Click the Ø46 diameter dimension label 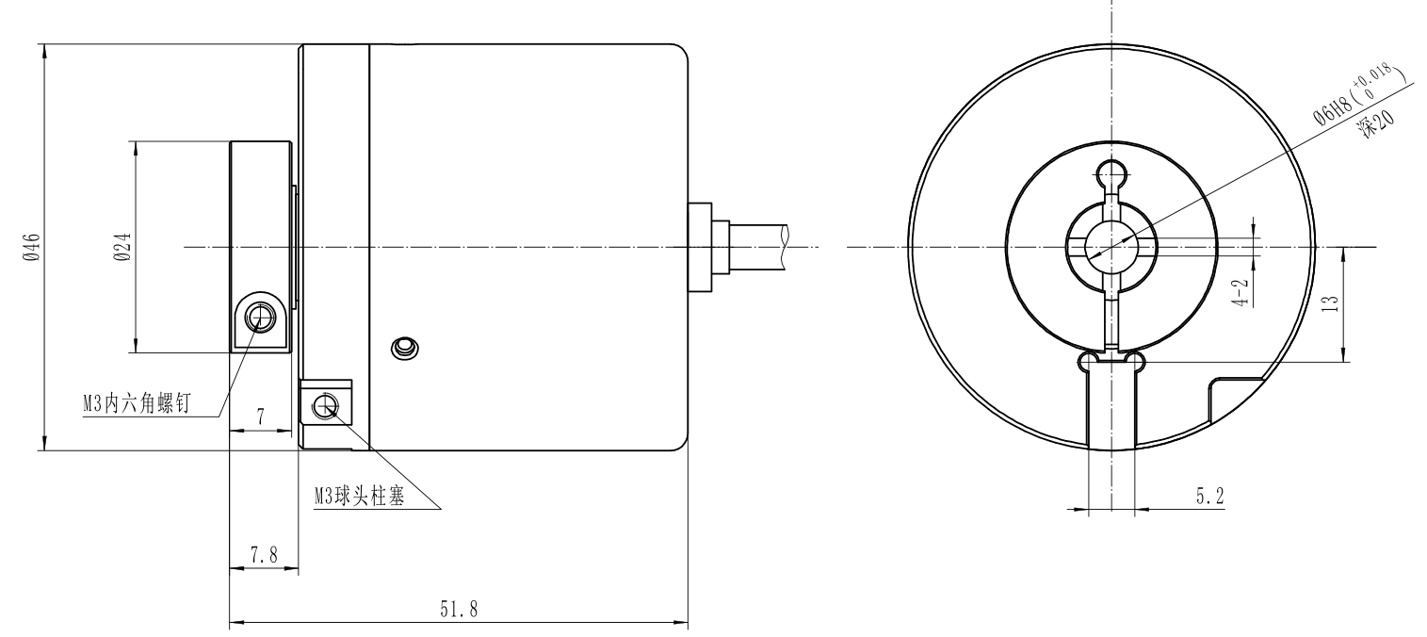tap(31, 247)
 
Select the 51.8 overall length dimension tap(459, 610)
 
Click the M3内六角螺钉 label tap(136, 403)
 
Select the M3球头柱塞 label tap(359, 496)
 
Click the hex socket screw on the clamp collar tap(258, 319)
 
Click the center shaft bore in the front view tap(1111, 247)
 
